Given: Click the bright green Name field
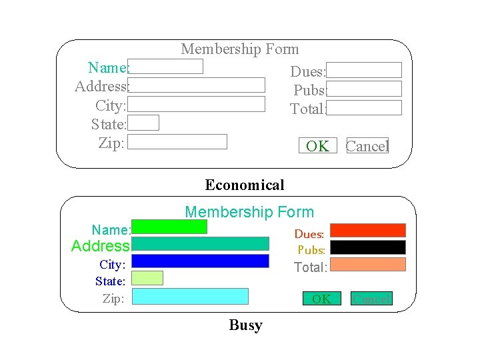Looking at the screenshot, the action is point(170,227).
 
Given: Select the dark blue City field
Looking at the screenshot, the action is point(201,261).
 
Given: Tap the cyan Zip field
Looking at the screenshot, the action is point(191,296).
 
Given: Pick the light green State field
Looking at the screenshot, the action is point(147,278).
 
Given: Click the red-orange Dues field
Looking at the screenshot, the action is point(368,230).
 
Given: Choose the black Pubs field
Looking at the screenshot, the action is point(368,247).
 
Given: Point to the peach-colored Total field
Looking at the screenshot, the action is point(368,265).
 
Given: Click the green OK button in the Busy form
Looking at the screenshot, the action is point(321,299).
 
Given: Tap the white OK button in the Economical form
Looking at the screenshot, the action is point(318,146).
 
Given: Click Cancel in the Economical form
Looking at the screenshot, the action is point(367,146).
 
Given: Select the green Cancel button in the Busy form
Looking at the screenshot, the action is point(372,299).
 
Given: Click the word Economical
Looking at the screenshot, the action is point(245,185).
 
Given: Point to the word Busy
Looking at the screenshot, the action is point(245,325).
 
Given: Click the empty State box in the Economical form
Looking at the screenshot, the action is point(143,123).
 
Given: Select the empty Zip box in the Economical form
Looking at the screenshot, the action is point(177,141).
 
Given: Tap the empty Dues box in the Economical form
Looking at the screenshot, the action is point(364,70).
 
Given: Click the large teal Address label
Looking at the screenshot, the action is point(100,246).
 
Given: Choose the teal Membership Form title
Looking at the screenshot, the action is point(249,212).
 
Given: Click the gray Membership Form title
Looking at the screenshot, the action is point(240,49).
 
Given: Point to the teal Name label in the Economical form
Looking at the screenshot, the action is point(107,67).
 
